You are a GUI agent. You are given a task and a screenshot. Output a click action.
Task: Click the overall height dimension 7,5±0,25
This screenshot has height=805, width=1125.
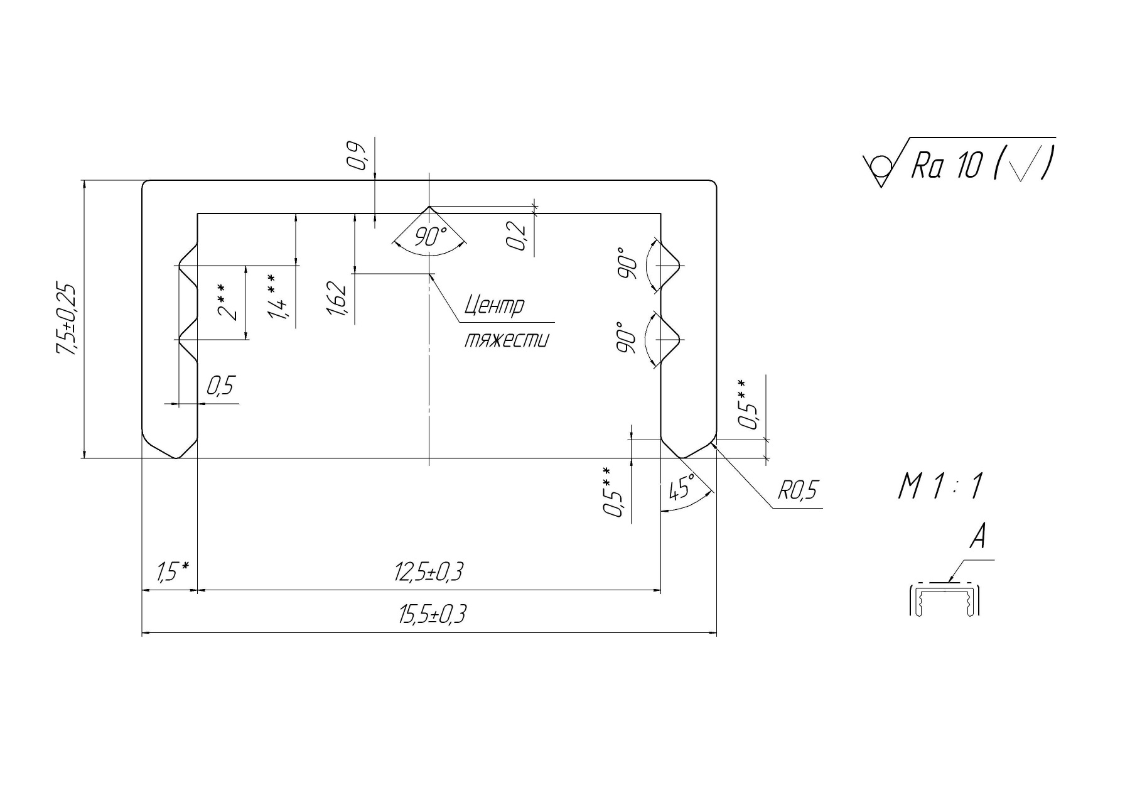[x=67, y=320]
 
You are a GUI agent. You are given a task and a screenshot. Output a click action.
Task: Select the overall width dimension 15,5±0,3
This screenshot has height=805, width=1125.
[x=432, y=615]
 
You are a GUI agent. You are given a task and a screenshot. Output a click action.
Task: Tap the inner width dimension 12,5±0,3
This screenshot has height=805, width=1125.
[x=429, y=573]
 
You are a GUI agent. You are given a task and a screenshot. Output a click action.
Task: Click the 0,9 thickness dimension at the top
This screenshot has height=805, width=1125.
[x=358, y=156]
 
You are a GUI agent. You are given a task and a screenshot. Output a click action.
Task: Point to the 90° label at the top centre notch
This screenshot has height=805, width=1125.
[x=431, y=237]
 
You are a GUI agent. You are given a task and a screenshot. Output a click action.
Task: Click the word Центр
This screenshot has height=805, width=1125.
[x=493, y=306]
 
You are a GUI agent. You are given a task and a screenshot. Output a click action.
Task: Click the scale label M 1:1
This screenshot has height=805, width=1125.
[x=940, y=487]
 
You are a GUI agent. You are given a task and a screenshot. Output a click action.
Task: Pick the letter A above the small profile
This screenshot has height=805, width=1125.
[x=977, y=538]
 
